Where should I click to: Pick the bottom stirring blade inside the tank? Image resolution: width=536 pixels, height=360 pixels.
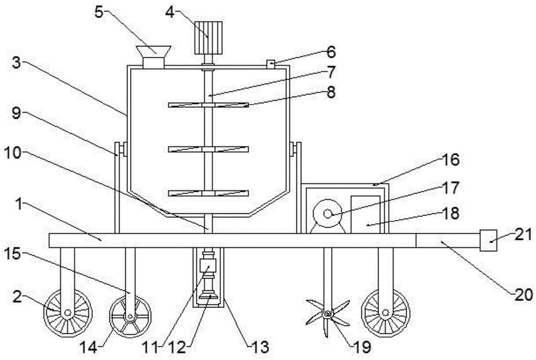(209, 193)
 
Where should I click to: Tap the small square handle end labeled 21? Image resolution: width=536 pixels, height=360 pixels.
(488, 241)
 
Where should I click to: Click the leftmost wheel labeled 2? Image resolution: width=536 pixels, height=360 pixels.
(67, 312)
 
